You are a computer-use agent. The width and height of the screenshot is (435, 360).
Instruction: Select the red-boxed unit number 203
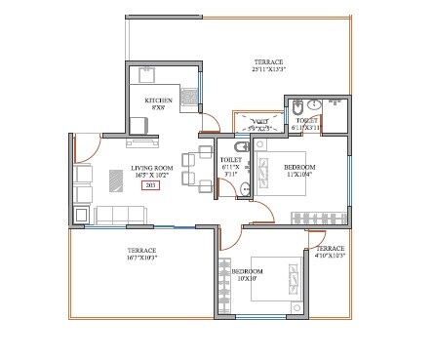150,183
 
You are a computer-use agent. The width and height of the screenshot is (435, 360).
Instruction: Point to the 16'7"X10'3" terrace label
141,255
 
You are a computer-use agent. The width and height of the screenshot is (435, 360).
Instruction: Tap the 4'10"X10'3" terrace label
330,253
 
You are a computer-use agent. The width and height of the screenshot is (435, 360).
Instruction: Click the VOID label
259,125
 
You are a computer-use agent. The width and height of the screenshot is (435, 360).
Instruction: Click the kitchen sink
192,96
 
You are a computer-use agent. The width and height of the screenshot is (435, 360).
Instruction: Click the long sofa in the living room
118,215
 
